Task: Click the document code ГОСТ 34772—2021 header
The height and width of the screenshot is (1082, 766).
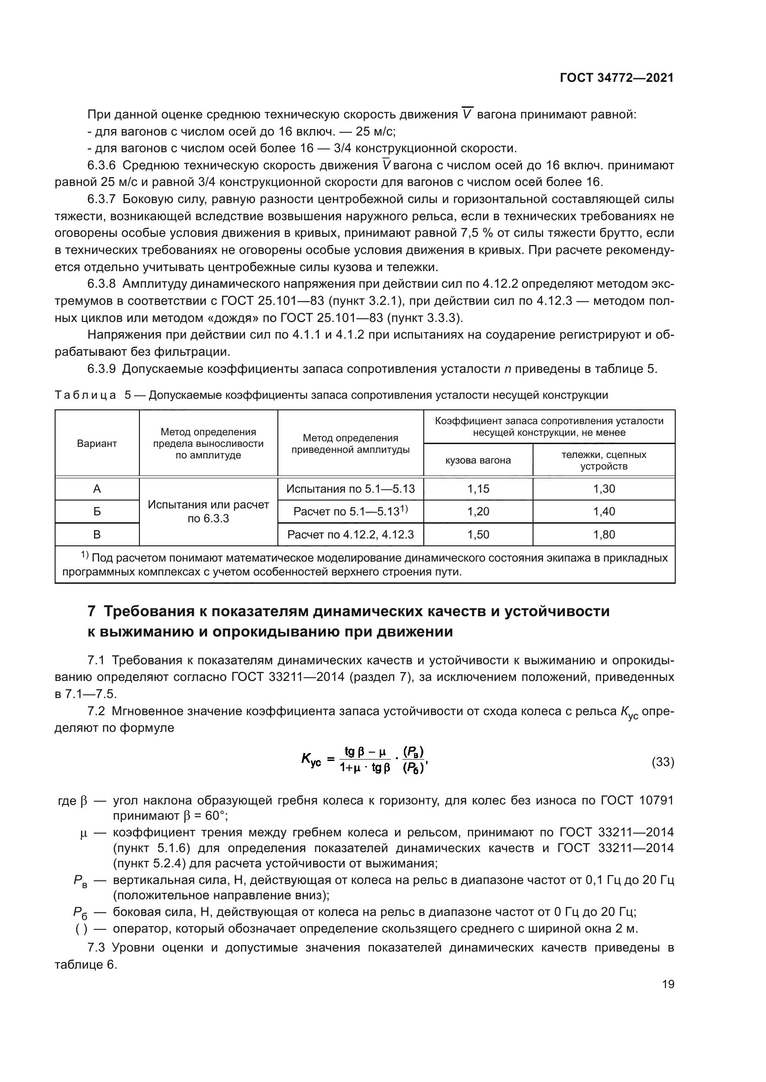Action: (x=616, y=78)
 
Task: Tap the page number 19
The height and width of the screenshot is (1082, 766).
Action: (x=668, y=984)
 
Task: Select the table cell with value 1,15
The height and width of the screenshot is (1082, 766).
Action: (x=478, y=488)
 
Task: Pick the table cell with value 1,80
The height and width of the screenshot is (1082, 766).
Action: (x=604, y=534)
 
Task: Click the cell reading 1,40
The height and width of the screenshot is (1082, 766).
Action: (x=604, y=511)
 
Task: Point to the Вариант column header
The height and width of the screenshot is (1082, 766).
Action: (x=97, y=444)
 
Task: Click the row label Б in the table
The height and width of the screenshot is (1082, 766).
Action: (x=97, y=511)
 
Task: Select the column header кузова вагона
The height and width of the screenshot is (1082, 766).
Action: (x=478, y=460)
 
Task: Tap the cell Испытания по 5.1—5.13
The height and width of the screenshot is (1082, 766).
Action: (x=351, y=488)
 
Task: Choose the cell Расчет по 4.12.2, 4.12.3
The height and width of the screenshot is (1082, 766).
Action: (x=351, y=534)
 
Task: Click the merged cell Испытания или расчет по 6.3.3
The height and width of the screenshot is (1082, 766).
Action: (x=208, y=511)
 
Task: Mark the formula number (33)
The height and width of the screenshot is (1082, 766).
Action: (x=662, y=762)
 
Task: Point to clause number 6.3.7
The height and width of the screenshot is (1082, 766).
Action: (x=101, y=199)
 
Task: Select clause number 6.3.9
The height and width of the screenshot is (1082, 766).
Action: (x=101, y=369)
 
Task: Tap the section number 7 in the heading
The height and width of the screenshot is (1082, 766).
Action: (x=93, y=611)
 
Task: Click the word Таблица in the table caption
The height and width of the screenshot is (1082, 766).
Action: (x=85, y=396)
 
